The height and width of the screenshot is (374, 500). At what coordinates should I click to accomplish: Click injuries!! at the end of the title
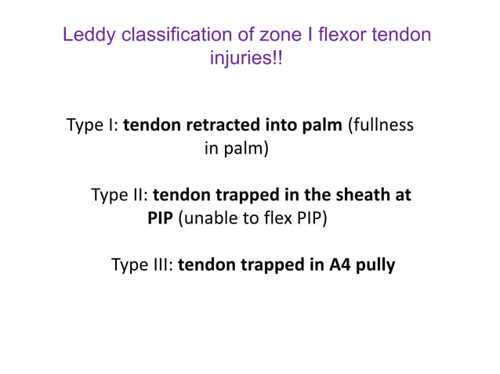tap(245, 59)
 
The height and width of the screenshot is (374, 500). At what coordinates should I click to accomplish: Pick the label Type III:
tap(143, 264)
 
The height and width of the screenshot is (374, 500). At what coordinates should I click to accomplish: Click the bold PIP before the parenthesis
tap(161, 218)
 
